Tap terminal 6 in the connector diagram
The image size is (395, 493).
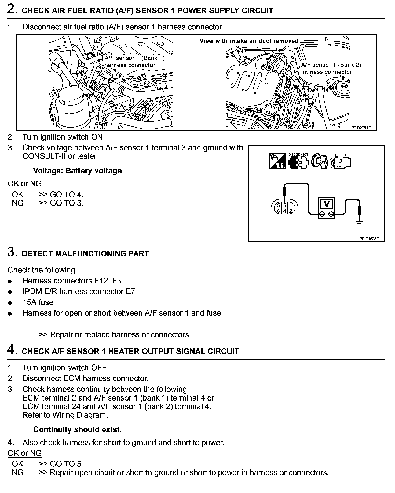point(279,211)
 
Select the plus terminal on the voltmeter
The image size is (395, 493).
point(322,214)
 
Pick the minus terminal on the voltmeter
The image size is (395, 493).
point(331,214)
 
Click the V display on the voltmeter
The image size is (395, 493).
point(327,204)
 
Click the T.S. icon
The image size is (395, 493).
point(277,161)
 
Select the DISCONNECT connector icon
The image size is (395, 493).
point(298,161)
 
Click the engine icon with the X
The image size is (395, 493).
point(341,161)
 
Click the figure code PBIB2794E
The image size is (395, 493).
point(361,128)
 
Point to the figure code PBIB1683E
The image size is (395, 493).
point(369,239)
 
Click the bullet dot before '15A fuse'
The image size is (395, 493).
point(10,303)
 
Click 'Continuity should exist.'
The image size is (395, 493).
point(77,429)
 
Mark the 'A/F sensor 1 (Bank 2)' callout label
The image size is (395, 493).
point(331,65)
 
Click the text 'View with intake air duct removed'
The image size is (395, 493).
point(249,41)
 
